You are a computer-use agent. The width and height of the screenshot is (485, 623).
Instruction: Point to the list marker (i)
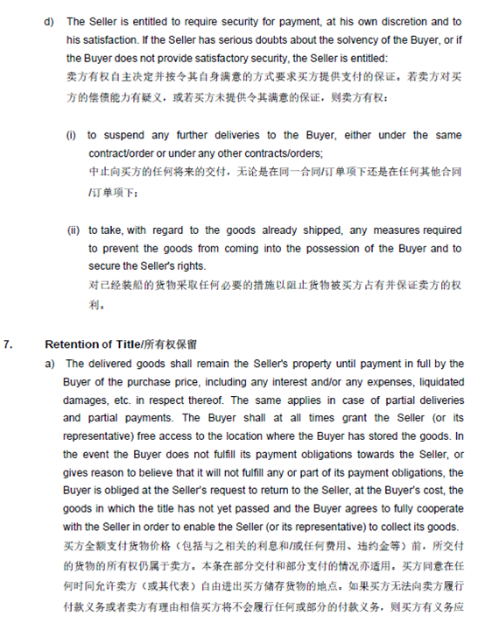click(x=72, y=135)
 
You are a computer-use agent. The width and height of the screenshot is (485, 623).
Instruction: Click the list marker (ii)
click(x=74, y=230)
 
